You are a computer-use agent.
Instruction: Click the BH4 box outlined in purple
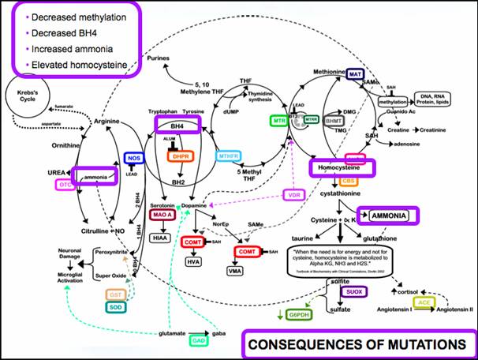point(178,125)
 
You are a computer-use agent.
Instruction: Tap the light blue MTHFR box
point(228,156)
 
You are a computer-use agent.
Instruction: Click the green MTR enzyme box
point(278,121)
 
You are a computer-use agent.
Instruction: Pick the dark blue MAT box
point(357,74)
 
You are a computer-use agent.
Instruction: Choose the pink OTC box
point(65,184)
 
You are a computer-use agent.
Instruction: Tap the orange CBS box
point(349,181)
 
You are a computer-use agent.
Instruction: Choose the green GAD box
point(200,340)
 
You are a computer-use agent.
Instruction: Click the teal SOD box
point(115,306)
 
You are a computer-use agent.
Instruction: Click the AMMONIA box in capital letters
point(387,216)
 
